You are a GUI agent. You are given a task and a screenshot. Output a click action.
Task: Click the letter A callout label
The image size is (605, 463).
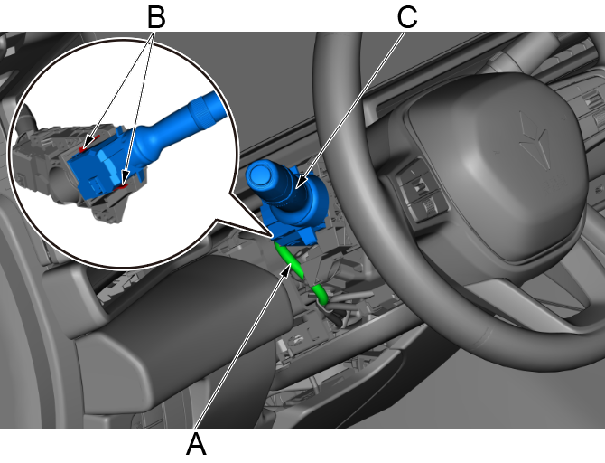(196, 444)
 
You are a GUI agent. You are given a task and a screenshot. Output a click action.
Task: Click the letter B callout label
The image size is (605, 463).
(156, 17)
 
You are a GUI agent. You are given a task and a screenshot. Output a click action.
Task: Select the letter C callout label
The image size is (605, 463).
(407, 17)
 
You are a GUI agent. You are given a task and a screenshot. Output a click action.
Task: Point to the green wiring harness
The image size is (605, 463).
(302, 273)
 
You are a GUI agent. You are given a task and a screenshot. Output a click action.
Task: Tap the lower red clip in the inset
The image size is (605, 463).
(124, 187)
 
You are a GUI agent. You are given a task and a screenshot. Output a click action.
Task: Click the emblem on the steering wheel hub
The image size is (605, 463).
(535, 141)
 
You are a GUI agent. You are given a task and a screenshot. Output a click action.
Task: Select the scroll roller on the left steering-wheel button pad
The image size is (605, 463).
(429, 207)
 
